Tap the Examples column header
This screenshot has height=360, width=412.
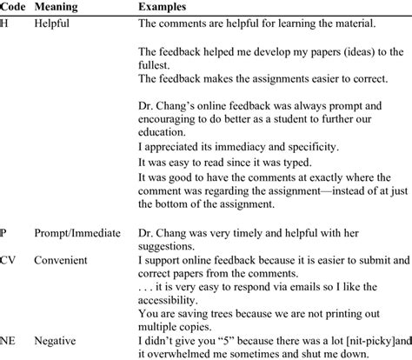pos(166,7)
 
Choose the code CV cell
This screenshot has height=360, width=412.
pos(9,259)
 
